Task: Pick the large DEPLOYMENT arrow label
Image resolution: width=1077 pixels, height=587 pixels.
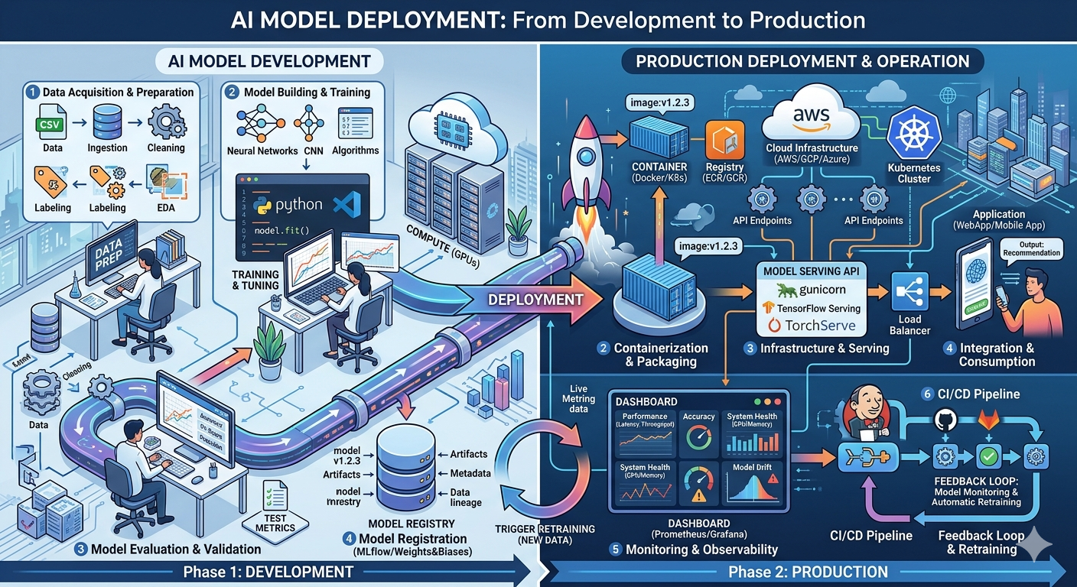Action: point(535,299)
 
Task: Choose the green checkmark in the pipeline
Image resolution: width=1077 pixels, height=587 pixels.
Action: point(989,456)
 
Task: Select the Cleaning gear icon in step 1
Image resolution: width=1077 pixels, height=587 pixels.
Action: point(164,122)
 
